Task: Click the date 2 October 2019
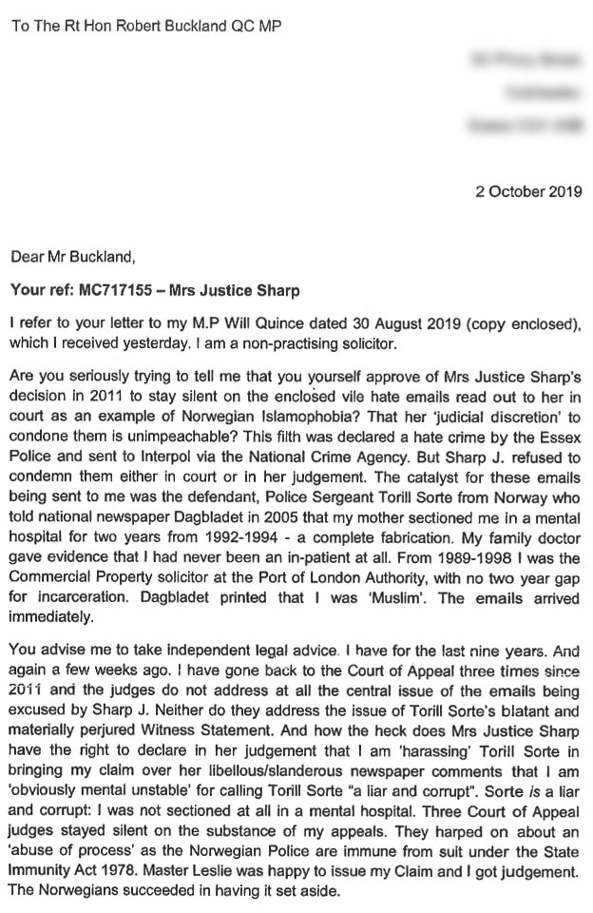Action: click(528, 191)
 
